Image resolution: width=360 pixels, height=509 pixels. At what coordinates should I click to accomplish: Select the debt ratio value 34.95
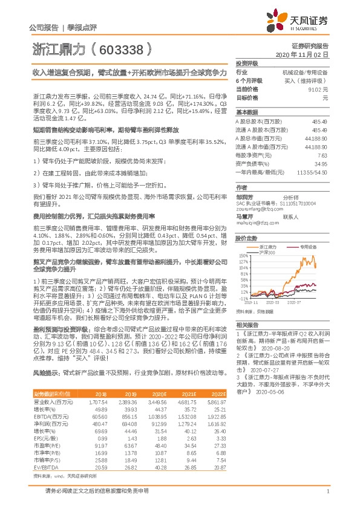320,164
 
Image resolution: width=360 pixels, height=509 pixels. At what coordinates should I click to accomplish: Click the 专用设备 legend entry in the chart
304,247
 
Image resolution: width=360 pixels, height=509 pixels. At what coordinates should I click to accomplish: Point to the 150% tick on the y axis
243,256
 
